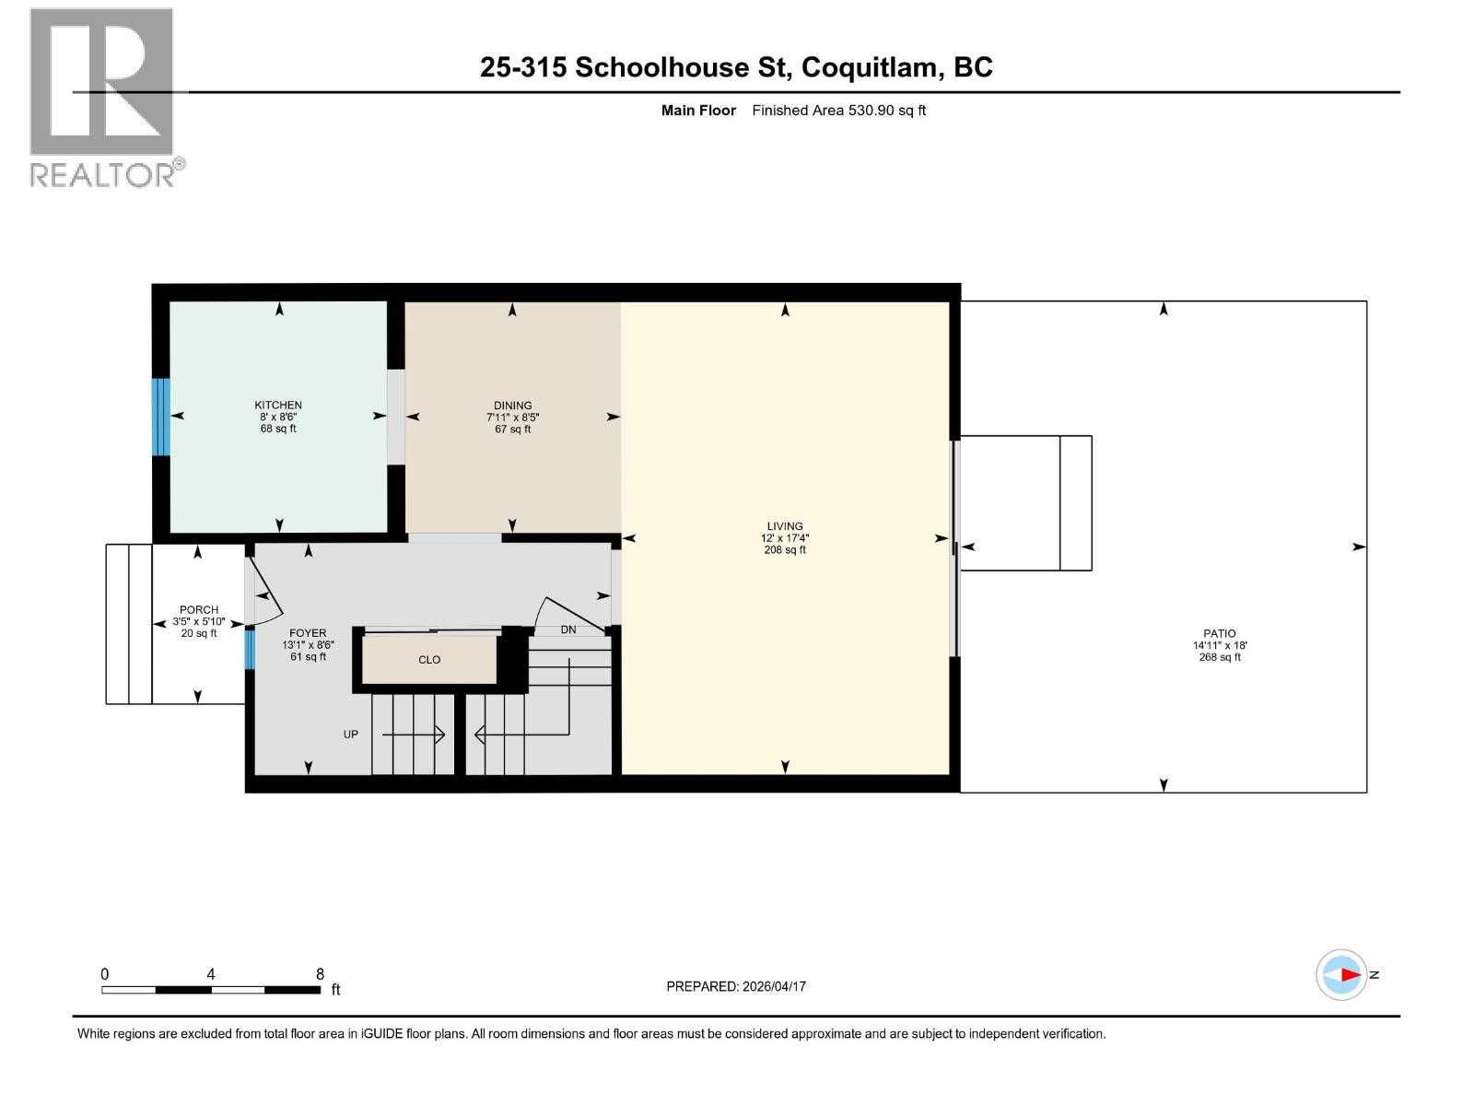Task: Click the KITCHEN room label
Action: [x=278, y=405]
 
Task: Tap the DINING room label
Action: [x=512, y=406]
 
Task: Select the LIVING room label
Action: [x=785, y=526]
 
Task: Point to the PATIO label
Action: [x=1219, y=633]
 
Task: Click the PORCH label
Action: [x=199, y=609]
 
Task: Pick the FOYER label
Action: [x=308, y=633]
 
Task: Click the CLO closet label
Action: [x=429, y=660]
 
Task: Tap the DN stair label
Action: [x=568, y=629]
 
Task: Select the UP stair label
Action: [x=351, y=735]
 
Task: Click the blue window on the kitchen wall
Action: [x=161, y=417]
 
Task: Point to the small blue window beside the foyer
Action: [x=249, y=649]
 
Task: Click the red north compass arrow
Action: [x=1350, y=974]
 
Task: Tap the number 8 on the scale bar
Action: [x=320, y=974]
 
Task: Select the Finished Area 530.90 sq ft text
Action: [x=838, y=111]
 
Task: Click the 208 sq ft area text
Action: [x=785, y=550]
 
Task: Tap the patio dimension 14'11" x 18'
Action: [x=1219, y=645]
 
